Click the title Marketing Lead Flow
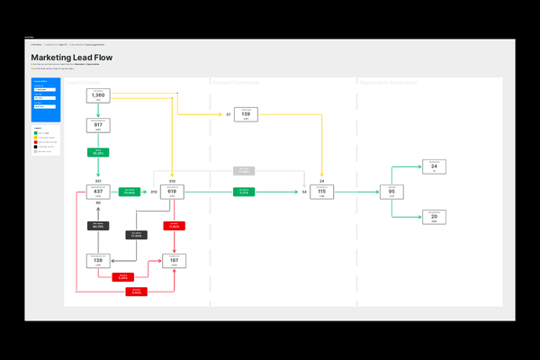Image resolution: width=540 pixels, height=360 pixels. (72, 58)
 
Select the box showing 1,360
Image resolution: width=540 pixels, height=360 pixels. (98, 95)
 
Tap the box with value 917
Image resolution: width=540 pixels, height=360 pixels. (98, 126)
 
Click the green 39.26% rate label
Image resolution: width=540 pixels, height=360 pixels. (98, 153)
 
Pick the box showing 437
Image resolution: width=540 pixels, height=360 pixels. (98, 192)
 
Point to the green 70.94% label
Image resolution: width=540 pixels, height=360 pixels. (130, 192)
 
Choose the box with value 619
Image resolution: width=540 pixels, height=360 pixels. (173, 192)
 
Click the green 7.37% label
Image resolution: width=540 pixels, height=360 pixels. (246, 192)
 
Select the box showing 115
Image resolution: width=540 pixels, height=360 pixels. (322, 192)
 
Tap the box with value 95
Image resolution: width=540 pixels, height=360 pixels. (391, 192)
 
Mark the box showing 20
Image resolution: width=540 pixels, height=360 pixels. (434, 217)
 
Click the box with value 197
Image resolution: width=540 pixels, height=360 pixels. (175, 261)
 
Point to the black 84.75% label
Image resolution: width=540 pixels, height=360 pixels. (98, 226)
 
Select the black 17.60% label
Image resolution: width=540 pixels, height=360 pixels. (137, 235)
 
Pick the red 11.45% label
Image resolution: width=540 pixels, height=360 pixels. (175, 226)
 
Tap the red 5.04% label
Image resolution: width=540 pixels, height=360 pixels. (122, 277)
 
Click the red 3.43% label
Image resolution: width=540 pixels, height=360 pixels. (137, 292)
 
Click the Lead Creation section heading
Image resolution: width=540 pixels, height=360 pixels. (82, 82)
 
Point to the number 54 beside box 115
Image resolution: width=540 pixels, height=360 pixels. (304, 193)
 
